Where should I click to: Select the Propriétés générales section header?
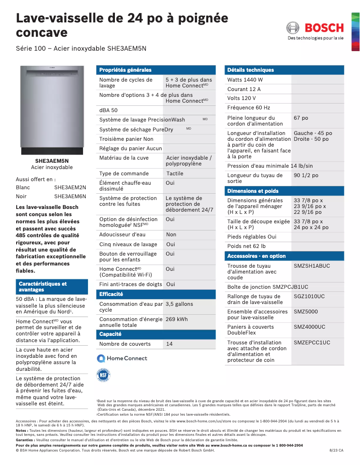[x=125, y=70]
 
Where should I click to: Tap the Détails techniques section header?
[x=250, y=70]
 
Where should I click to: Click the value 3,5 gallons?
[x=179, y=304]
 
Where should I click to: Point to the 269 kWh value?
[x=176, y=319]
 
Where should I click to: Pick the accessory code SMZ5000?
[x=306, y=312]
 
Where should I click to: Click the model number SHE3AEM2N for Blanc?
[x=70, y=187]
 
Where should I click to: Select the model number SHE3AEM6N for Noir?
[x=70, y=196]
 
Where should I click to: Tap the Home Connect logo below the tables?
[x=122, y=358]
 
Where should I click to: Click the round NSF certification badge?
[x=104, y=375]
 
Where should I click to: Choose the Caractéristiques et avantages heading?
[x=43, y=287]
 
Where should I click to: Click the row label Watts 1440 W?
[x=245, y=80]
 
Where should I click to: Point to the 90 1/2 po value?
[x=306, y=175]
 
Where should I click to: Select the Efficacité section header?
[x=111, y=294]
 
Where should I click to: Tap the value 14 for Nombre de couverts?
[x=169, y=344]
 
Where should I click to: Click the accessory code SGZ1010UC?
[x=309, y=296]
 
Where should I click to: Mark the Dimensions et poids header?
[x=253, y=191]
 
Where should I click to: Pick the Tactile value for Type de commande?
[x=175, y=174]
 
